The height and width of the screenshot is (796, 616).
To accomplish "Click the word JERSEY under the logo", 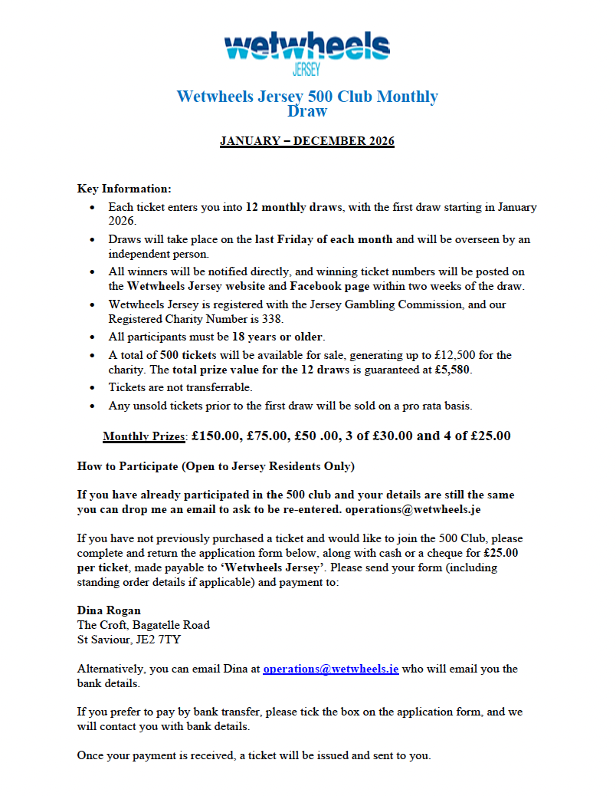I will click(307, 71).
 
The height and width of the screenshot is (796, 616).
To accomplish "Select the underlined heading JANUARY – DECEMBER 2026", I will click(306, 141).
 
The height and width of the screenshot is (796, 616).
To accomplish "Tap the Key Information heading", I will click(124, 189).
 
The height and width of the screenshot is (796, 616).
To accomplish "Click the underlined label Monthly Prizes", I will click(144, 436).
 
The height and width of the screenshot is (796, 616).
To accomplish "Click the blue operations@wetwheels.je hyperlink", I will click(330, 669).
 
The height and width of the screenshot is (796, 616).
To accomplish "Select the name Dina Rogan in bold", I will click(109, 610).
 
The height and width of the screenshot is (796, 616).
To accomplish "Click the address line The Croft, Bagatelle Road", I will click(143, 625).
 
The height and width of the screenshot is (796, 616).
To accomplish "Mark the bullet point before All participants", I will click(93, 337).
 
